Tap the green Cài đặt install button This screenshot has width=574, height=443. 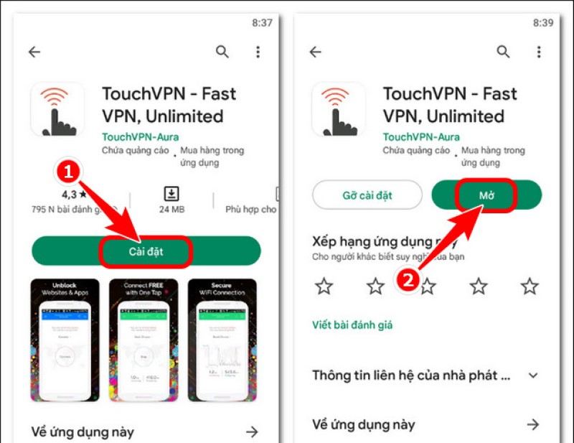(x=146, y=251)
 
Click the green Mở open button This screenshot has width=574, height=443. (x=486, y=195)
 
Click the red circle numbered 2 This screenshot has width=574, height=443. (x=408, y=280)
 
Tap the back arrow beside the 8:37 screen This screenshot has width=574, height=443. (x=34, y=52)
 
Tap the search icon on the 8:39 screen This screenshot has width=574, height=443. (x=503, y=52)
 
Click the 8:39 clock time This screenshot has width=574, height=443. (x=542, y=23)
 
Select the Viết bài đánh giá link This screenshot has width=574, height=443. (x=352, y=325)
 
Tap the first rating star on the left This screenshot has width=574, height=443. (x=324, y=286)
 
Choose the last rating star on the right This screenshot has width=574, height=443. (x=530, y=286)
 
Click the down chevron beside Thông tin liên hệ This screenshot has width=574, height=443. (x=532, y=376)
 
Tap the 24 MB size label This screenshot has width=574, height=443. (x=172, y=210)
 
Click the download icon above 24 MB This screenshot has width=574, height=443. (x=172, y=192)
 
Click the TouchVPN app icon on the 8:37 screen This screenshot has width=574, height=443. (x=57, y=109)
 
